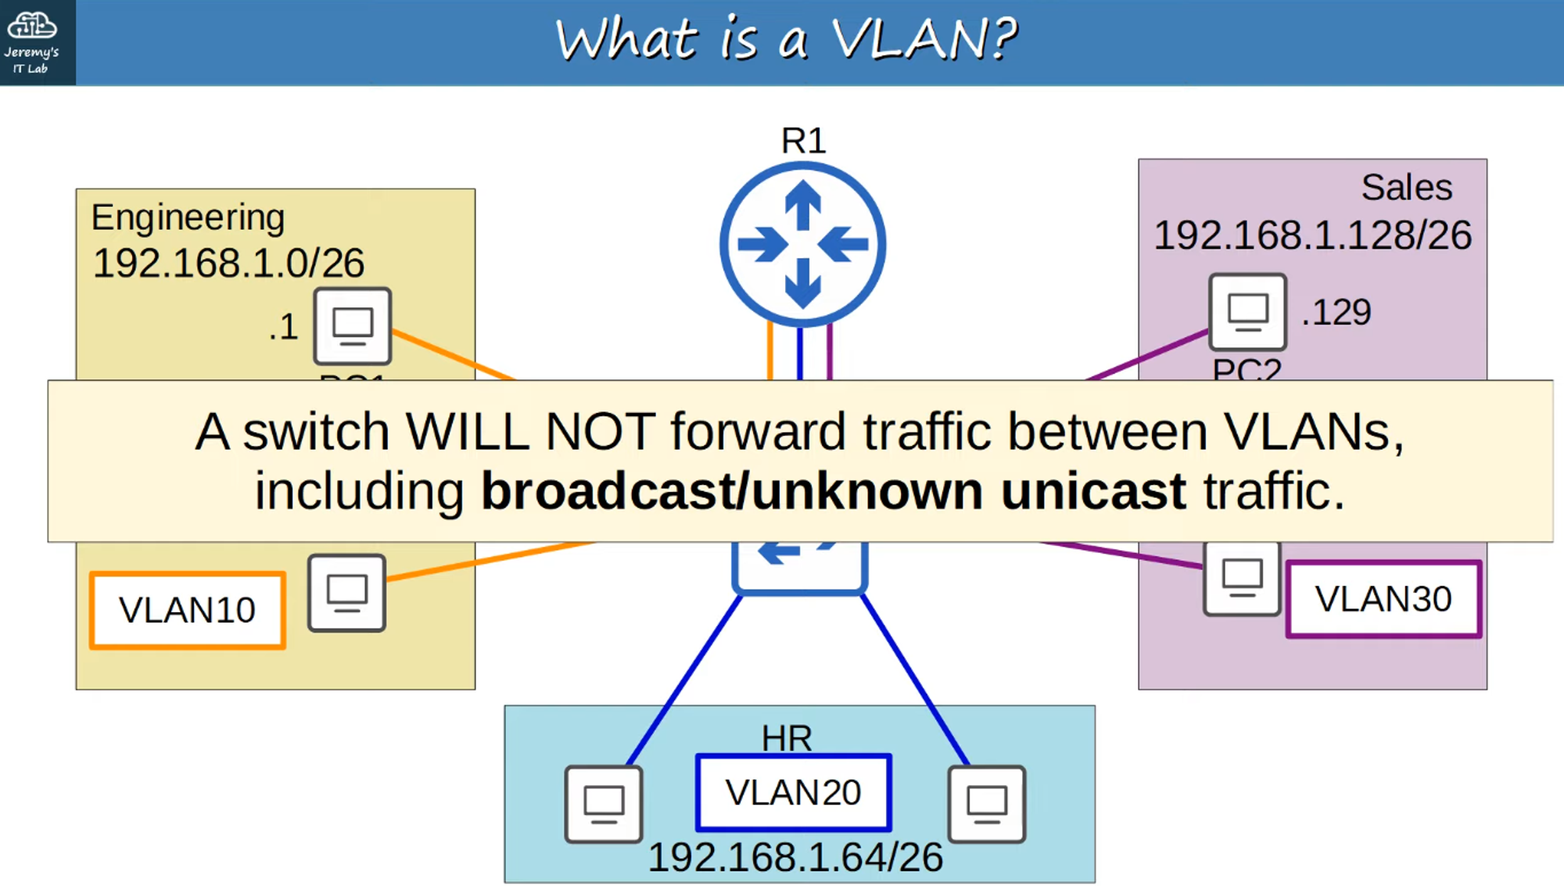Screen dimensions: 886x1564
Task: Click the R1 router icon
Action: point(802,244)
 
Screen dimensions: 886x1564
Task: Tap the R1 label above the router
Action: point(803,141)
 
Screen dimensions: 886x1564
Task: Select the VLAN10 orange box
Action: point(188,610)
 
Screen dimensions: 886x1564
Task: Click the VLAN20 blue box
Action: point(793,792)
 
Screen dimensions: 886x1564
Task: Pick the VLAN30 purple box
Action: point(1383,599)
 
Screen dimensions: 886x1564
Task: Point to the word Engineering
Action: point(188,217)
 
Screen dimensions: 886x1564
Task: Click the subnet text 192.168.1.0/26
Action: point(228,263)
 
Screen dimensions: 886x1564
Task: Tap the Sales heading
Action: point(1406,188)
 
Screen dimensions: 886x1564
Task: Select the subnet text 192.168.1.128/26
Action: point(1312,235)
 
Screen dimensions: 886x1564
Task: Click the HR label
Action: point(787,737)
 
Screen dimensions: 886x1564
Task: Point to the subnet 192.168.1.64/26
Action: point(795,858)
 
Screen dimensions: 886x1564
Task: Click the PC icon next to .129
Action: point(1247,311)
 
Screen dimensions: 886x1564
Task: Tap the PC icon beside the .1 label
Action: point(352,325)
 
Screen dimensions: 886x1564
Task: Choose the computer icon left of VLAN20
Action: point(604,804)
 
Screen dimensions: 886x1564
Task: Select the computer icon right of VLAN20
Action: point(986,804)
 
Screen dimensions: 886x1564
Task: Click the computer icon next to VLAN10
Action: point(346,593)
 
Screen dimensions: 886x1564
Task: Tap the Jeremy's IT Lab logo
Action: point(32,42)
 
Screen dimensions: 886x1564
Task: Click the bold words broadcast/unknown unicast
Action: point(833,491)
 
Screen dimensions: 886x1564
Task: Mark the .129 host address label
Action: point(1336,313)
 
